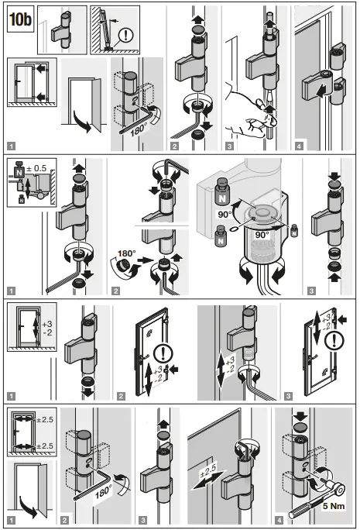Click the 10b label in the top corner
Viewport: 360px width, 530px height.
pyautogui.click(x=21, y=19)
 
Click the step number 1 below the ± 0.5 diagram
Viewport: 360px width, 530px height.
pyautogui.click(x=12, y=292)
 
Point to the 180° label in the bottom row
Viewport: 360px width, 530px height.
pyautogui.click(x=105, y=490)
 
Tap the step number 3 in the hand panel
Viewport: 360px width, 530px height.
pyautogui.click(x=230, y=145)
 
